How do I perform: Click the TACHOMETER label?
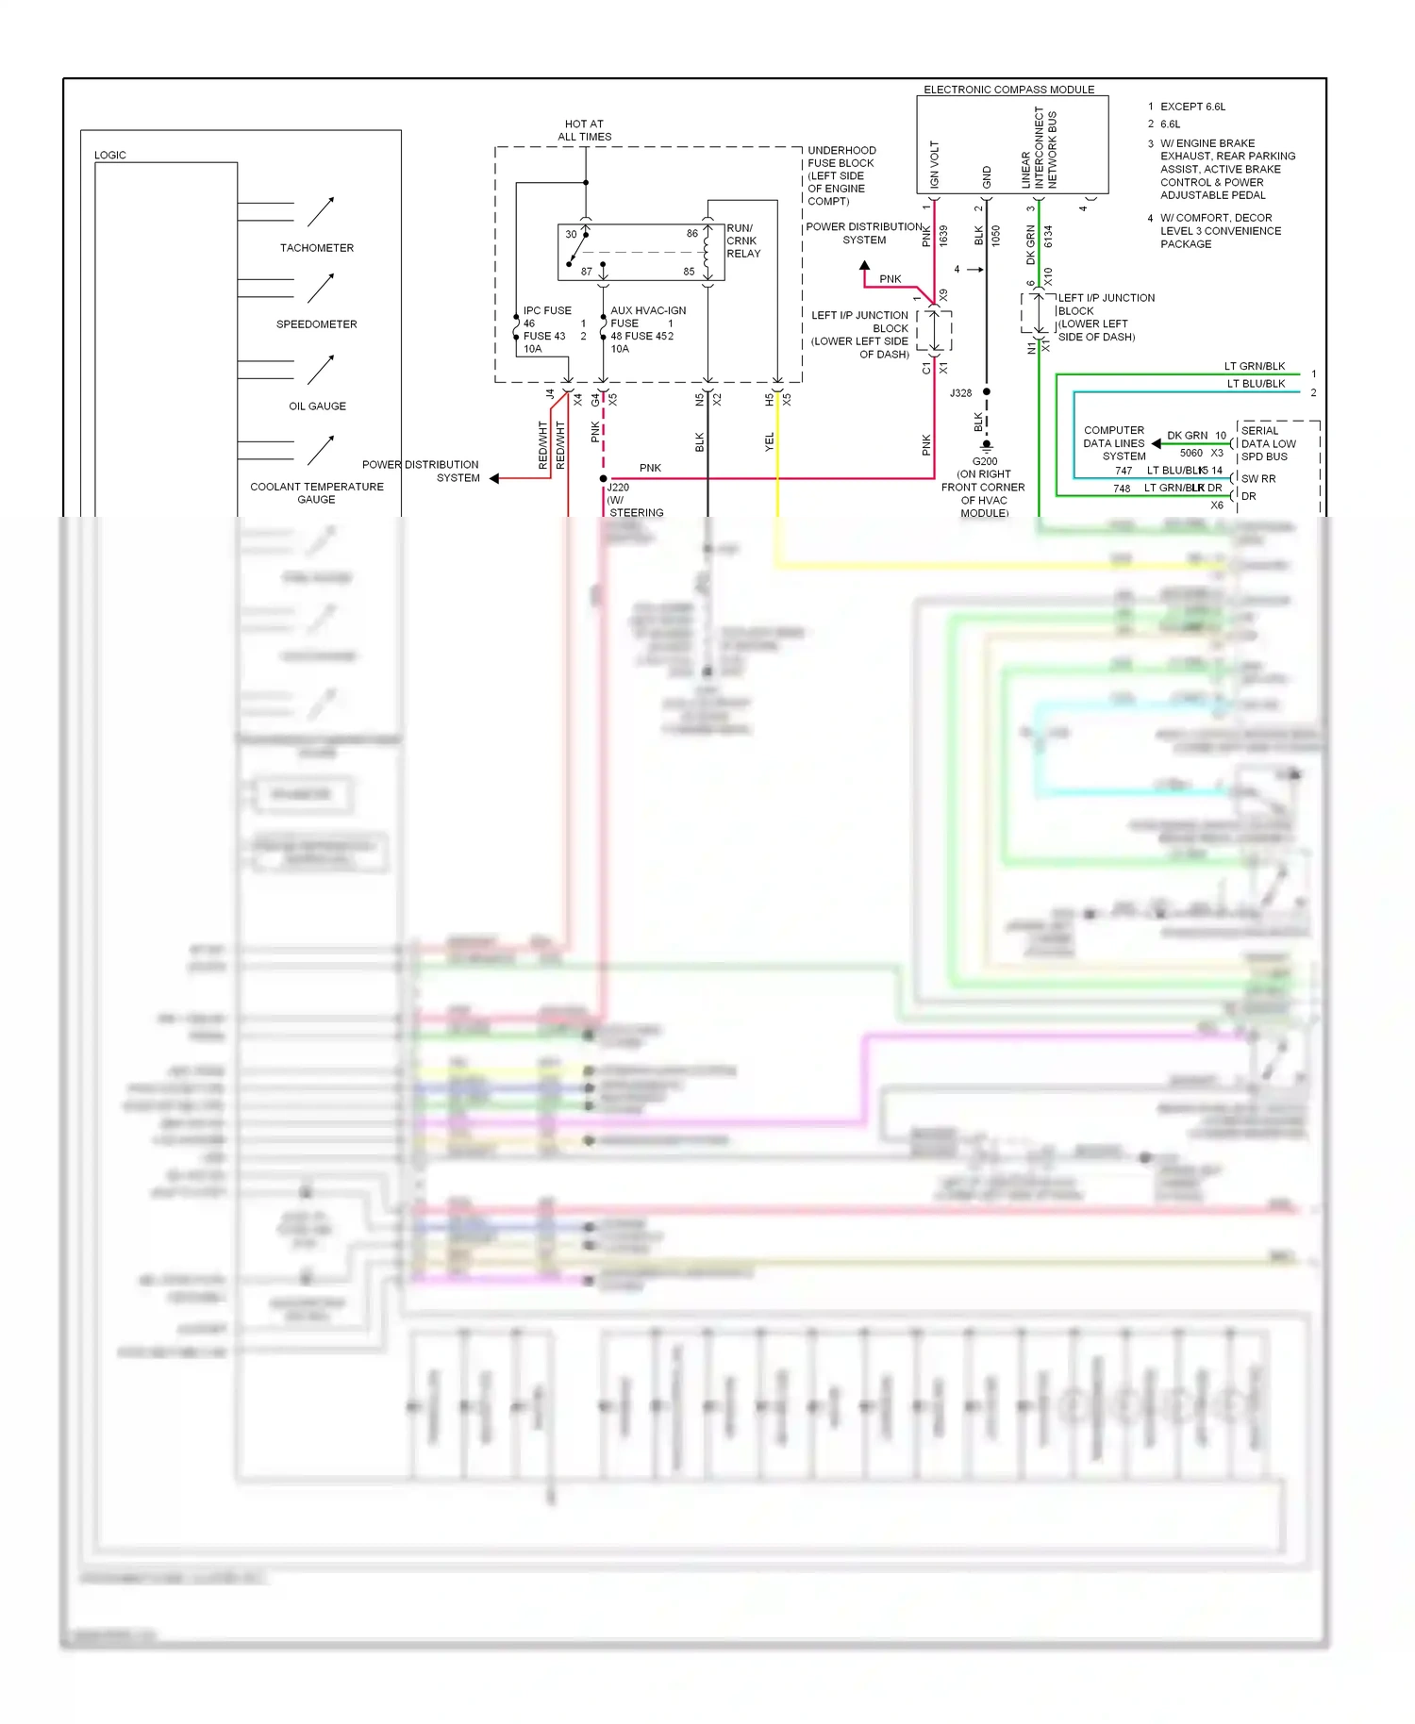(316, 248)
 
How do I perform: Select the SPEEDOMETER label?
(316, 324)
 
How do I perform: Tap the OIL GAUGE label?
(317, 406)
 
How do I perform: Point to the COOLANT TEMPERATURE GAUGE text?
(316, 493)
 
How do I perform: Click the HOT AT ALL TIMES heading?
(584, 130)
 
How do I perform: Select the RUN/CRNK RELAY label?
(742, 240)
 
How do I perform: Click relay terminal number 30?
(571, 234)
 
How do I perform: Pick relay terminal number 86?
(692, 233)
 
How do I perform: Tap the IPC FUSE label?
(547, 310)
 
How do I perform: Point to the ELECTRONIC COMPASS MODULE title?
(1008, 90)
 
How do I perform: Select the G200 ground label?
(985, 461)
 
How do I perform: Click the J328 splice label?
(960, 392)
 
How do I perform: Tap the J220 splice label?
(618, 488)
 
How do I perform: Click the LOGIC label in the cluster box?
(109, 155)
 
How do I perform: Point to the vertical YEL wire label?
(769, 441)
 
